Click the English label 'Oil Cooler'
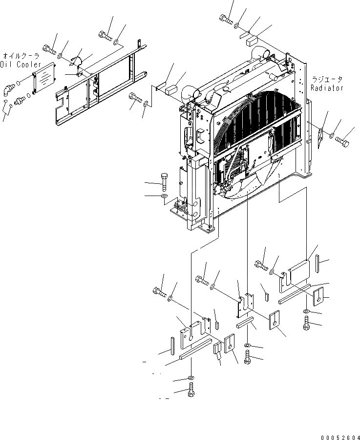point(21,65)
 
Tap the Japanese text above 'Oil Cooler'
point(21,56)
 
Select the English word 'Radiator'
point(327,88)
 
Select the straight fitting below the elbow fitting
point(21,100)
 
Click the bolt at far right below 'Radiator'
point(343,143)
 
